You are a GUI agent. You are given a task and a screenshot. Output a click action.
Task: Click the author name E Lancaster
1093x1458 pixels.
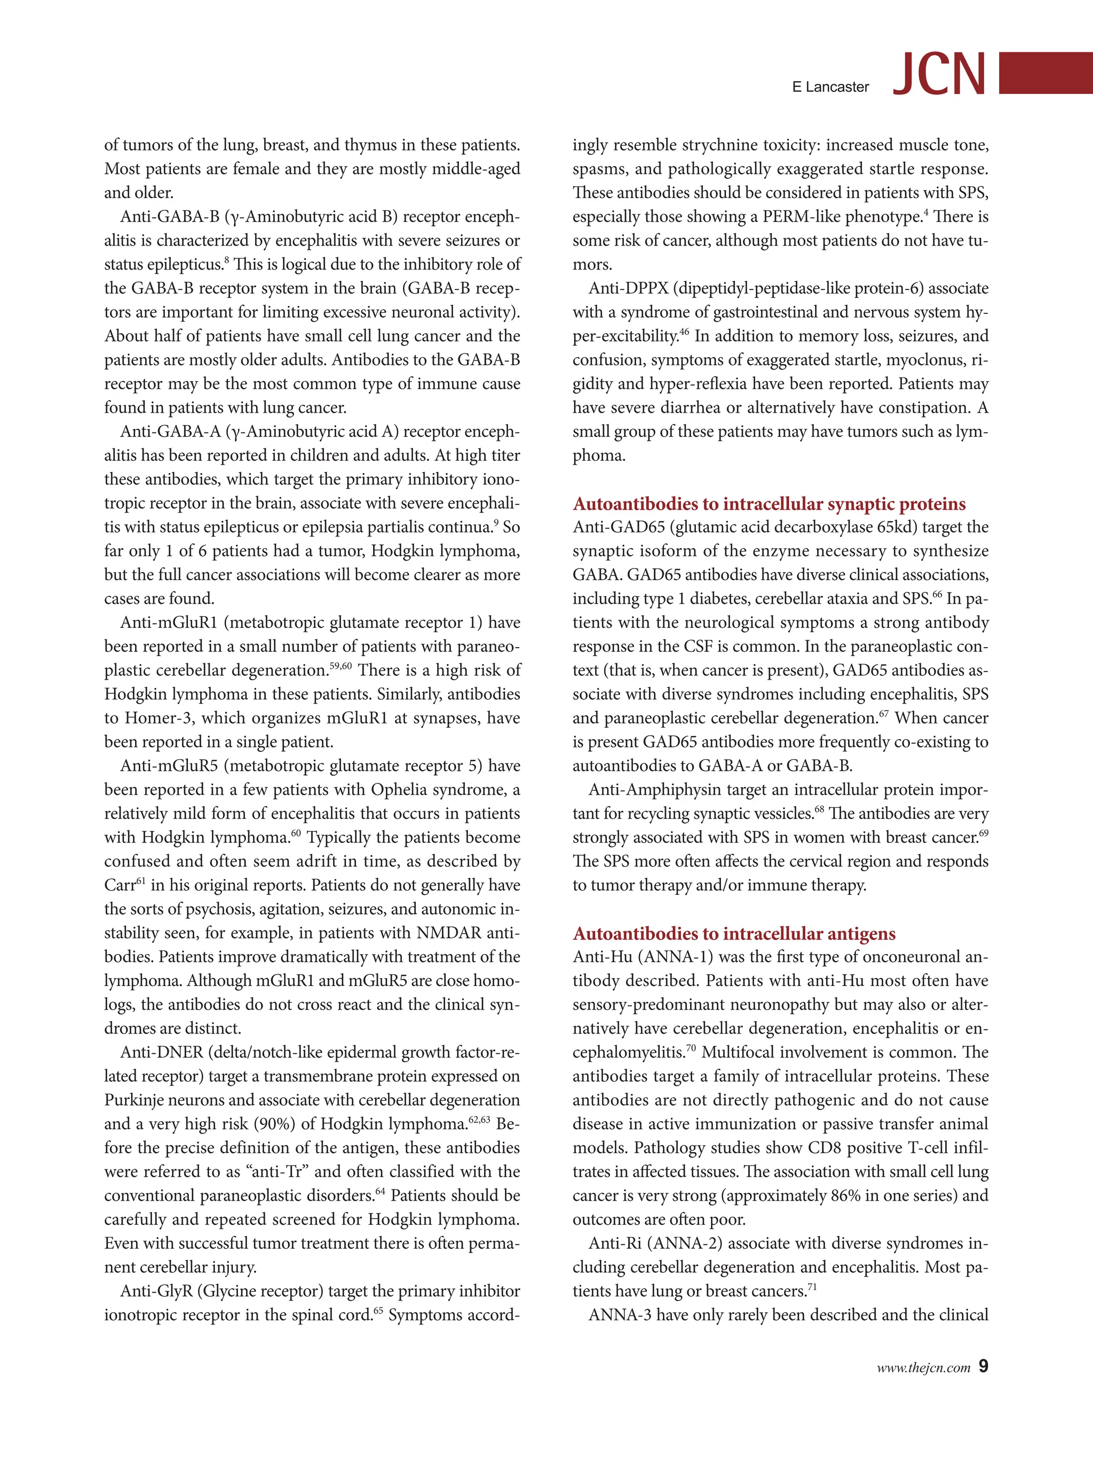[830, 87]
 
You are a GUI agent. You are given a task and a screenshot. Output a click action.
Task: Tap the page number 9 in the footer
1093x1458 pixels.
[983, 1366]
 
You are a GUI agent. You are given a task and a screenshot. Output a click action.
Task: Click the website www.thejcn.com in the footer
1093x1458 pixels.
[923, 1368]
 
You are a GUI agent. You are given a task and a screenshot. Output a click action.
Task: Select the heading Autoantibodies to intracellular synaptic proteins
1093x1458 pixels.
[769, 503]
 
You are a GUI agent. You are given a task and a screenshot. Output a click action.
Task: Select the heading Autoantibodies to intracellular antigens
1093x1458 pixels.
[734, 933]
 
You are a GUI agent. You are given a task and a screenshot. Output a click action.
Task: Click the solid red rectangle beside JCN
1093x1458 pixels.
[1046, 73]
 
